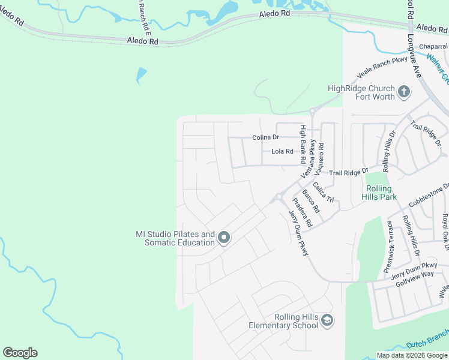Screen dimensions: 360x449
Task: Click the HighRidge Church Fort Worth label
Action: pos(361,92)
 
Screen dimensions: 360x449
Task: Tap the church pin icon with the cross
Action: pos(404,92)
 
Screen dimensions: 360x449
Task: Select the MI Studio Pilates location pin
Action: pos(223,238)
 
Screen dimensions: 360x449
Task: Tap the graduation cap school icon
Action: pos(327,320)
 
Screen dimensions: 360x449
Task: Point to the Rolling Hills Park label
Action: pos(379,192)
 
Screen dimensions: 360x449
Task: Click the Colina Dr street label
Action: pos(266,137)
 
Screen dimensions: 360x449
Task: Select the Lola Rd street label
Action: pos(282,152)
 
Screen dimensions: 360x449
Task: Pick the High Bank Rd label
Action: pos(304,143)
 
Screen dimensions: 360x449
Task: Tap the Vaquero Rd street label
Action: pos(321,154)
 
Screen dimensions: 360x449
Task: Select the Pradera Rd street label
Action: pos(303,212)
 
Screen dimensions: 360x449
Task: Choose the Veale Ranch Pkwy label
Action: pos(382,68)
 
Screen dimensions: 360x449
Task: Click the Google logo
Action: pos(20,353)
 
